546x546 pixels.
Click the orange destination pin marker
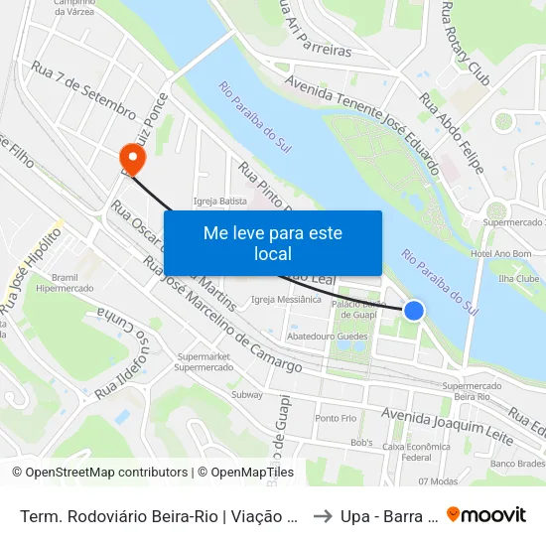pyautogui.click(x=131, y=158)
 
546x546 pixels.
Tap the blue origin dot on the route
pyautogui.click(x=414, y=311)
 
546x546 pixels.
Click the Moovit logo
pyautogui.click(x=485, y=515)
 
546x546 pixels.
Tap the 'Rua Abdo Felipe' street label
pyautogui.click(x=452, y=133)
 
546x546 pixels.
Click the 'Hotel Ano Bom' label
pyautogui.click(x=502, y=254)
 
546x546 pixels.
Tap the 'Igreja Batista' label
pyautogui.click(x=220, y=201)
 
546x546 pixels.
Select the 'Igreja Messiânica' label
pyautogui.click(x=286, y=299)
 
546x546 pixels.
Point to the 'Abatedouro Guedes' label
pyautogui.click(x=327, y=337)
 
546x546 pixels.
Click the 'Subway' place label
pyautogui.click(x=246, y=394)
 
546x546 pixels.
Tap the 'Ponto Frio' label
pyautogui.click(x=336, y=418)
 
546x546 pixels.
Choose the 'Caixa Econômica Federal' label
pyautogui.click(x=416, y=452)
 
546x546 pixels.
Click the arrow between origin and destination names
pyautogui.click(x=323, y=516)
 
